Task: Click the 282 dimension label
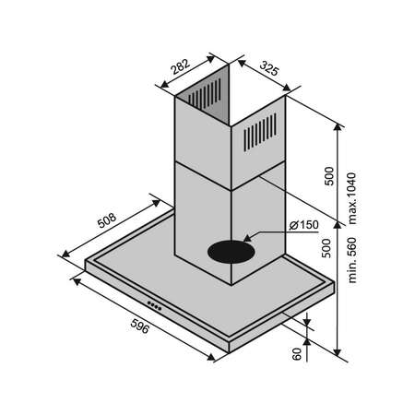pos(180,66)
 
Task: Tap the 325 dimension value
pos(269,68)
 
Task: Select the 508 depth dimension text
pos(107,220)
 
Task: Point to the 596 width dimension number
pos(140,326)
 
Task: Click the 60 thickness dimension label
pos(297,354)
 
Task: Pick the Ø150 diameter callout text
pos(303,225)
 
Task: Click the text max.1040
pos(352,198)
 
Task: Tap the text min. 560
pos(352,260)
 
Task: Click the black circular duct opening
pos(231,252)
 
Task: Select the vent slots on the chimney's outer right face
pos(260,132)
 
